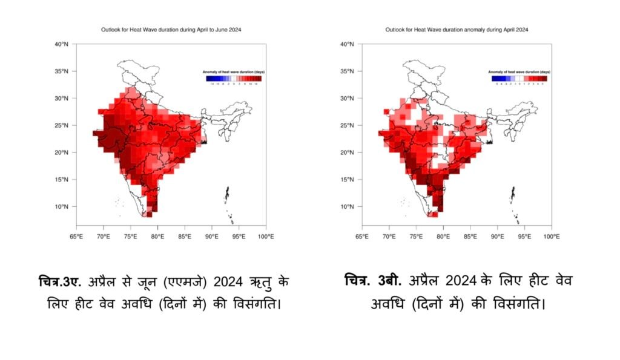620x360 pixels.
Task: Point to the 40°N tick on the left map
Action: (61, 44)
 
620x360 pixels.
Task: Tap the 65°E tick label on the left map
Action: (76, 237)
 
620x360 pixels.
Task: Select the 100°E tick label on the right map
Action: (551, 237)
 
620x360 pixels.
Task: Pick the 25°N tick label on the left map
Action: (61, 125)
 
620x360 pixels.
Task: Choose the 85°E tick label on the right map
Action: (470, 237)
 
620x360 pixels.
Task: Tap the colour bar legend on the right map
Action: (519, 78)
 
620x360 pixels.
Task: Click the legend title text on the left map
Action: (234, 72)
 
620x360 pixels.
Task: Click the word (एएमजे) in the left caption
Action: (185, 281)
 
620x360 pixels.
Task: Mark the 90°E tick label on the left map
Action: (212, 237)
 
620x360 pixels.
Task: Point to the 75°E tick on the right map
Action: (416, 237)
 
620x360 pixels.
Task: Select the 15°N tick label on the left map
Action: (61, 180)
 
